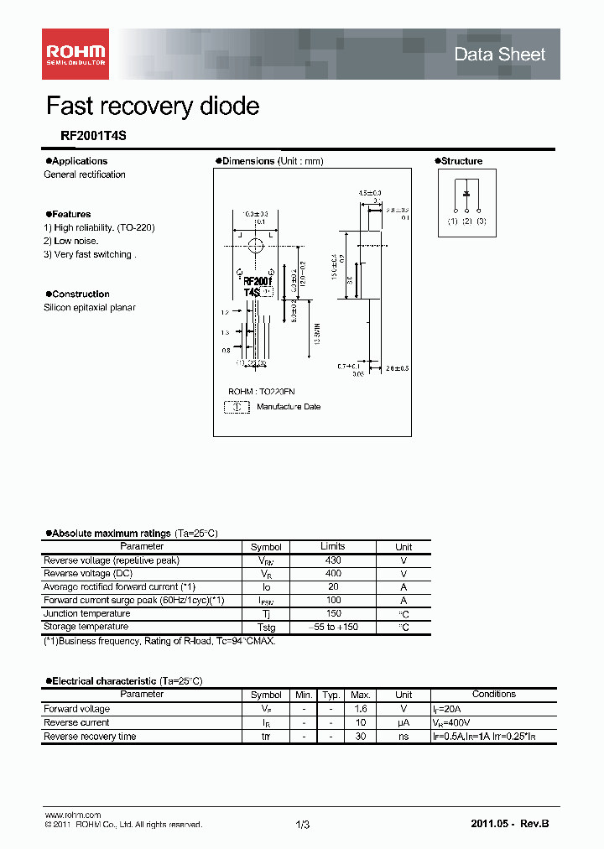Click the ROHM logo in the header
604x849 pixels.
75,54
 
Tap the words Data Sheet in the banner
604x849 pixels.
499,55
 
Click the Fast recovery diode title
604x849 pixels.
152,107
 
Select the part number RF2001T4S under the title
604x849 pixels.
81,135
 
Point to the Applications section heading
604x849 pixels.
76,161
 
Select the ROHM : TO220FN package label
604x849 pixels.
261,392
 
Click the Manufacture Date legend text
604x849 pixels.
288,407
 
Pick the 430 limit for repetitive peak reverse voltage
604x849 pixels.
332,560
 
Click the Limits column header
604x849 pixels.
332,546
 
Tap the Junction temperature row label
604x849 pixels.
86,613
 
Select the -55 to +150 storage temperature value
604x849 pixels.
332,627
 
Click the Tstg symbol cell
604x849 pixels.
266,628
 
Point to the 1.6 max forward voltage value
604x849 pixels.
361,709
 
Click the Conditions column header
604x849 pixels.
493,695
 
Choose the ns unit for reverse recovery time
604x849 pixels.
404,737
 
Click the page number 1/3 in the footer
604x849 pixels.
303,825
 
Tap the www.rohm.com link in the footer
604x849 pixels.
72,815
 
